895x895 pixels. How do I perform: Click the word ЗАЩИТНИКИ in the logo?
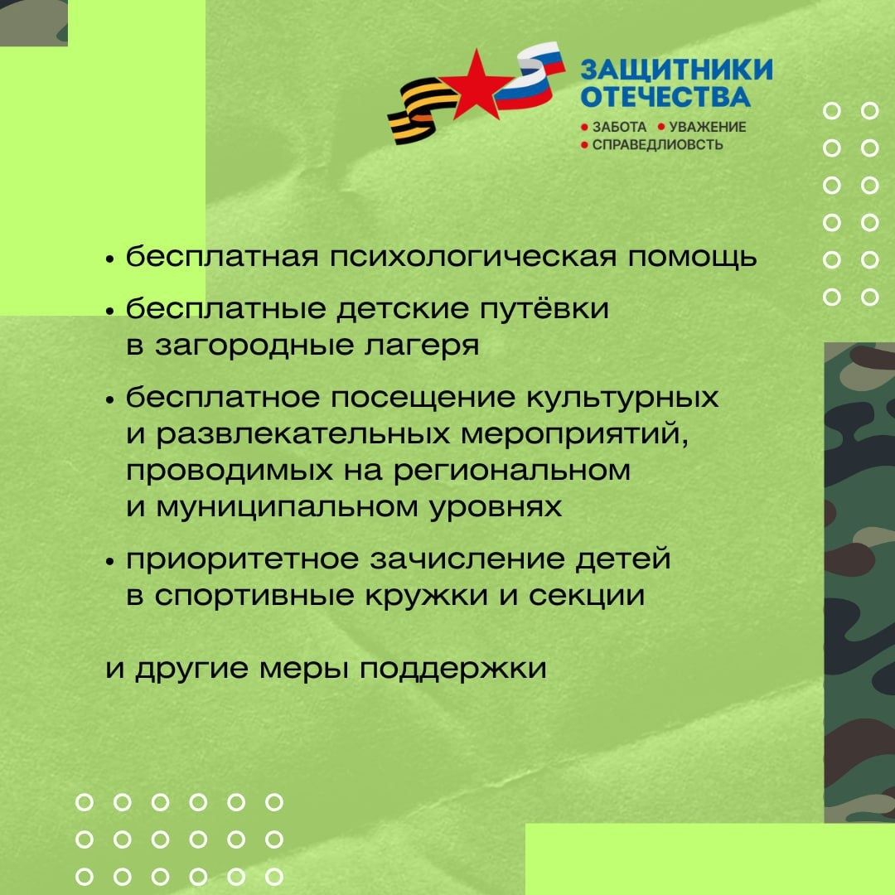coord(676,70)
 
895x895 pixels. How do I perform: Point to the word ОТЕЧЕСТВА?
coord(665,96)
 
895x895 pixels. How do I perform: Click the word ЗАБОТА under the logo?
coord(619,127)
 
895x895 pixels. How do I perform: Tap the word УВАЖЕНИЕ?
coord(707,127)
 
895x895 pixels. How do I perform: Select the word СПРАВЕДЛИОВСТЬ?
coord(657,145)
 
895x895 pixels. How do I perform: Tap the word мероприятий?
coord(573,434)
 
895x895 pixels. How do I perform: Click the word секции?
coord(587,596)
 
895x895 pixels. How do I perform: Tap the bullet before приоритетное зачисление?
coord(110,561)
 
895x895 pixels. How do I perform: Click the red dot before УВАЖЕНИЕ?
coord(661,127)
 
